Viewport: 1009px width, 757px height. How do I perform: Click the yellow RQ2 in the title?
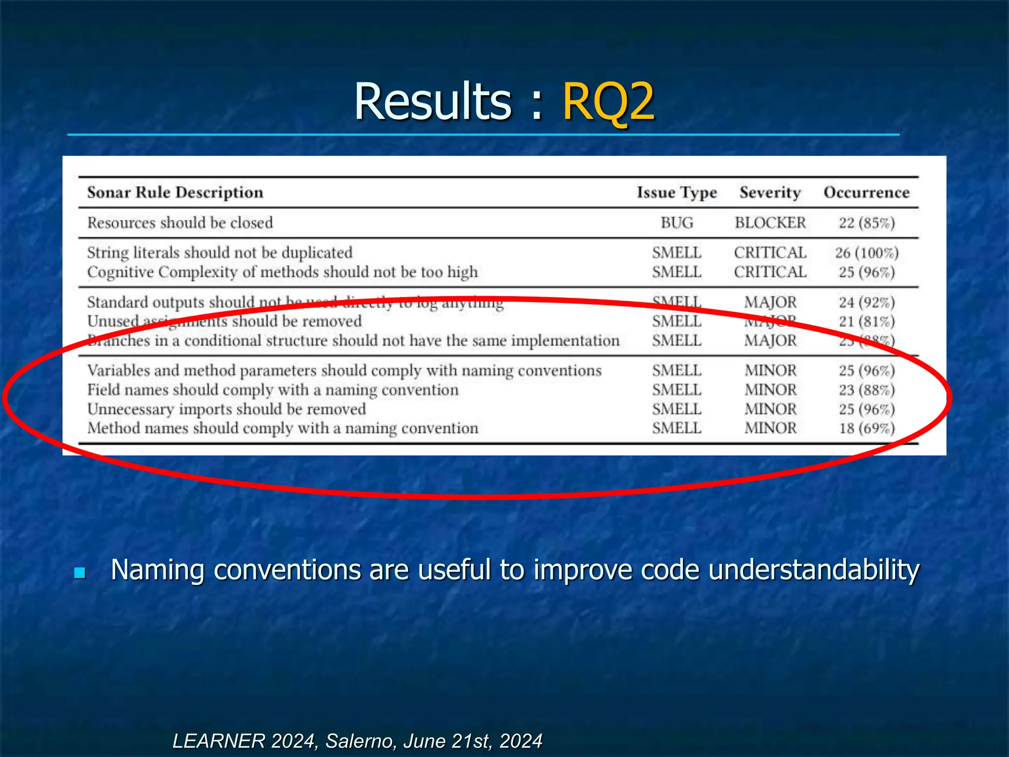[608, 102]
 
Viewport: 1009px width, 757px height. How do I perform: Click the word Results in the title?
[433, 102]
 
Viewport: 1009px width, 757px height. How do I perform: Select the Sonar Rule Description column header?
[175, 192]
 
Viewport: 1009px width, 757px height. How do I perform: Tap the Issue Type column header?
[676, 192]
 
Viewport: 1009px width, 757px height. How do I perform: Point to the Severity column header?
[770, 192]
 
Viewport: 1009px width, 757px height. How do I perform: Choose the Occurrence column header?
[867, 192]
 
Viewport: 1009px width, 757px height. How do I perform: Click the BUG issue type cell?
[676, 223]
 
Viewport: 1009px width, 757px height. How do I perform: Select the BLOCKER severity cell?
[770, 223]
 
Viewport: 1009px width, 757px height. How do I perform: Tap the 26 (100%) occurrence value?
[867, 253]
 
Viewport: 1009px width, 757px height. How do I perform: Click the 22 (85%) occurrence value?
[867, 223]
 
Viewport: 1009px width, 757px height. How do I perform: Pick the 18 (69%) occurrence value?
[867, 428]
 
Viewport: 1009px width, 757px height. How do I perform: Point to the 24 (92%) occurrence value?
[867, 302]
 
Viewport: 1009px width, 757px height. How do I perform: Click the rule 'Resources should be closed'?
[180, 223]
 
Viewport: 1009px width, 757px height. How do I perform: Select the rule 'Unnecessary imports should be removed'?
[227, 409]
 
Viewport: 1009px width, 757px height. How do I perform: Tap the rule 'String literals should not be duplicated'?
[220, 253]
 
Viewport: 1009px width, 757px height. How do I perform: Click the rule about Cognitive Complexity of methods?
[282, 272]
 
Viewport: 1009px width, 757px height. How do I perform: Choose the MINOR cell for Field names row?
[770, 390]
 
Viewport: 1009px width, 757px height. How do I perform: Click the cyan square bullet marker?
[80, 573]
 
